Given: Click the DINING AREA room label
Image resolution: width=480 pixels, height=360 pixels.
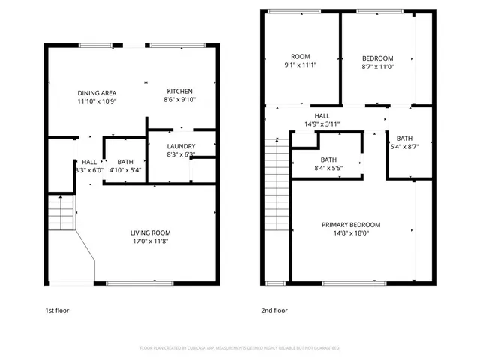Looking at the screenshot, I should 97,92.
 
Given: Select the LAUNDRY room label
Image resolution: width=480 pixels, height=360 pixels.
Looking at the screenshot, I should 181,146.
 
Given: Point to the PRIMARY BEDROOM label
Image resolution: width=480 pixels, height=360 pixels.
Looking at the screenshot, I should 351,225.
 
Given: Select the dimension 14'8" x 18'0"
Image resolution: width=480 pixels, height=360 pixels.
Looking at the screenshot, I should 351,233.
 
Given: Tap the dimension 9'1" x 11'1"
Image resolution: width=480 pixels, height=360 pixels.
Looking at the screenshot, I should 301,66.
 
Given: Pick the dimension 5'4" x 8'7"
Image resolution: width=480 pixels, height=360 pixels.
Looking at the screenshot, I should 404,147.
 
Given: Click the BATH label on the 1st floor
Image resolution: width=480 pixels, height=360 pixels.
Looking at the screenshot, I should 125,161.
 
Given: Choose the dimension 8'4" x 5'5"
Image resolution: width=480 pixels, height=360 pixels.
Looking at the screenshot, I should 328,169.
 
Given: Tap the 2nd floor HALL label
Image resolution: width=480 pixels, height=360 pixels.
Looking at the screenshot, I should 322,115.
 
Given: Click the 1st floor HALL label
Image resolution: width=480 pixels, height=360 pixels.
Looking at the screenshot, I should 89,161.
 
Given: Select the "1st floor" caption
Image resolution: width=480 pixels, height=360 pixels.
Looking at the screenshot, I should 58,310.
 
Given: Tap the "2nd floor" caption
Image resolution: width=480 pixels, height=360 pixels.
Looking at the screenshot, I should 274,310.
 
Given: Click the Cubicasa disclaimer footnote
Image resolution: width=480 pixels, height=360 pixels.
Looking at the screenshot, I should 239,348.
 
